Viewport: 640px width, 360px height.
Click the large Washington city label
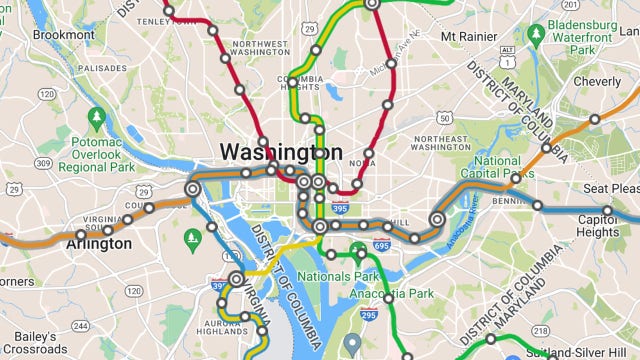pyautogui.click(x=280, y=152)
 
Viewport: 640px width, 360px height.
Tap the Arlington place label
pyautogui.click(x=104, y=244)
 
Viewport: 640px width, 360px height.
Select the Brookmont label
pyautogui.click(x=62, y=34)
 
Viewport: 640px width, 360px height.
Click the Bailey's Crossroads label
pyautogui.click(x=35, y=340)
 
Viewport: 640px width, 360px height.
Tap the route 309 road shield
pyautogui.click(x=42, y=163)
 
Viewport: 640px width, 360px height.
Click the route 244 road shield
pyautogui.click(x=80, y=326)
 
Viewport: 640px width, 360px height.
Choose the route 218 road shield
pyautogui.click(x=540, y=330)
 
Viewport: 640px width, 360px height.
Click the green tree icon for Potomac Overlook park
pyautogui.click(x=97, y=120)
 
